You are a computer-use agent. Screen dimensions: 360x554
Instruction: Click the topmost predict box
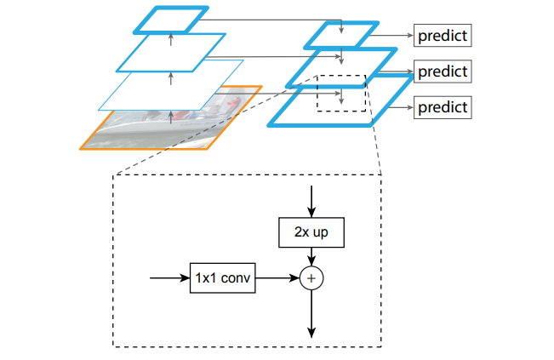click(443, 37)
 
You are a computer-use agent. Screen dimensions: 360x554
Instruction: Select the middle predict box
click(443, 71)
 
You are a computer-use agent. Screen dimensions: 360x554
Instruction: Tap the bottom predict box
click(443, 107)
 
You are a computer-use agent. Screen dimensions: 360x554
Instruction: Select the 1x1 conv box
click(223, 277)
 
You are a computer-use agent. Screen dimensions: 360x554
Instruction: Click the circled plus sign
click(312, 277)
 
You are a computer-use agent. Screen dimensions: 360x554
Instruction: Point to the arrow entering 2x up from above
click(312, 201)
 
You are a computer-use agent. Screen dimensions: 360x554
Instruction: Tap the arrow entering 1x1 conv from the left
click(168, 277)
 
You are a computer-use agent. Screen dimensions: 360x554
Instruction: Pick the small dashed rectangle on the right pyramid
click(341, 92)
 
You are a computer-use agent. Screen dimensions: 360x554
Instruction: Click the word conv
click(237, 277)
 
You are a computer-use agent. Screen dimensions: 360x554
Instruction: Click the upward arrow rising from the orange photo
click(171, 116)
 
